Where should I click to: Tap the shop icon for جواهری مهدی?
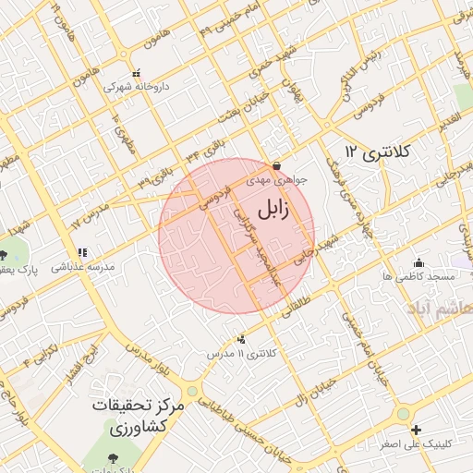point(276,166)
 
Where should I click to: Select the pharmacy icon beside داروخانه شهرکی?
point(136,73)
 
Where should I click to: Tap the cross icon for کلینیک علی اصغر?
point(417,430)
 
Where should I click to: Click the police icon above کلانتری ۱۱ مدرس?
point(242,339)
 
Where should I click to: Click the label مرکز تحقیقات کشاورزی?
point(139,417)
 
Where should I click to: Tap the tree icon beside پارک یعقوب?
point(5,255)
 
